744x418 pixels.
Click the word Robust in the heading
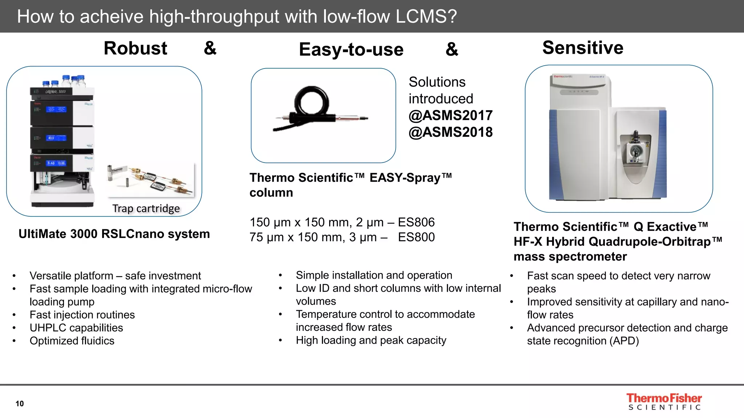coord(135,48)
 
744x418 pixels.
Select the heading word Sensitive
coord(583,48)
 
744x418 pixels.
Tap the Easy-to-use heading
coord(351,49)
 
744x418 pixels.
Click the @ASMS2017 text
coord(450,115)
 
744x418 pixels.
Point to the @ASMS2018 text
coord(450,132)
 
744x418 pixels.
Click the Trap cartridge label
coord(146,208)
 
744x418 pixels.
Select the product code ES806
coord(416,222)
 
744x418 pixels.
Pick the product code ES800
coord(416,237)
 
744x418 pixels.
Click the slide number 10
coord(20,403)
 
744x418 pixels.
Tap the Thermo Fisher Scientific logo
coord(664,402)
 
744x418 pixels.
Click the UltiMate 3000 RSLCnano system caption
coord(114,234)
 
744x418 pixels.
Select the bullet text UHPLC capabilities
coord(76,328)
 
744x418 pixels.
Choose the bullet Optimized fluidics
coord(72,341)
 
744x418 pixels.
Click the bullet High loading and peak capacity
coord(371,340)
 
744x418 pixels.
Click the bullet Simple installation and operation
coord(374,275)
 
